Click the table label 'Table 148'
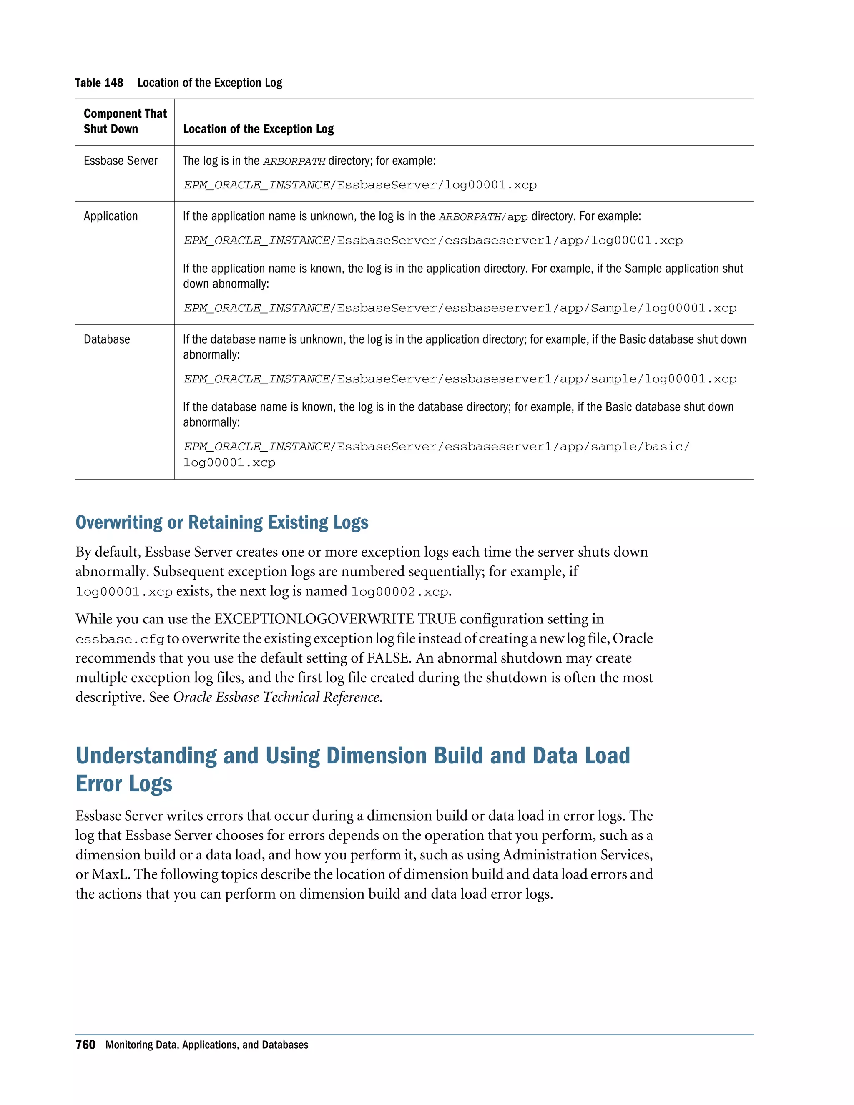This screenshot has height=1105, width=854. tap(99, 83)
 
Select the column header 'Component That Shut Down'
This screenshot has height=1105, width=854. tap(125, 121)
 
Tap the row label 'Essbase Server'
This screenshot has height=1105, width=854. tap(121, 161)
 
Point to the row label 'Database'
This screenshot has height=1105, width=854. tap(107, 339)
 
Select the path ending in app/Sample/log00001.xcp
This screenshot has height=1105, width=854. tap(460, 308)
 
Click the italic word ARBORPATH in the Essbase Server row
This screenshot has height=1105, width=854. tap(294, 162)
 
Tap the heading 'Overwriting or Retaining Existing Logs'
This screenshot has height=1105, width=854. tap(221, 522)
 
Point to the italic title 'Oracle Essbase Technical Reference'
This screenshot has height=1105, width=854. tap(276, 697)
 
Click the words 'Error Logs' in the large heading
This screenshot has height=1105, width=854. tap(124, 784)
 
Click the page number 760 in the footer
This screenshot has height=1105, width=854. tap(85, 1045)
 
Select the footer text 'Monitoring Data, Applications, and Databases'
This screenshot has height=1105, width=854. tap(206, 1045)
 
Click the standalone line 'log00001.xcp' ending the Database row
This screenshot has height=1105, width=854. tap(229, 463)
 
